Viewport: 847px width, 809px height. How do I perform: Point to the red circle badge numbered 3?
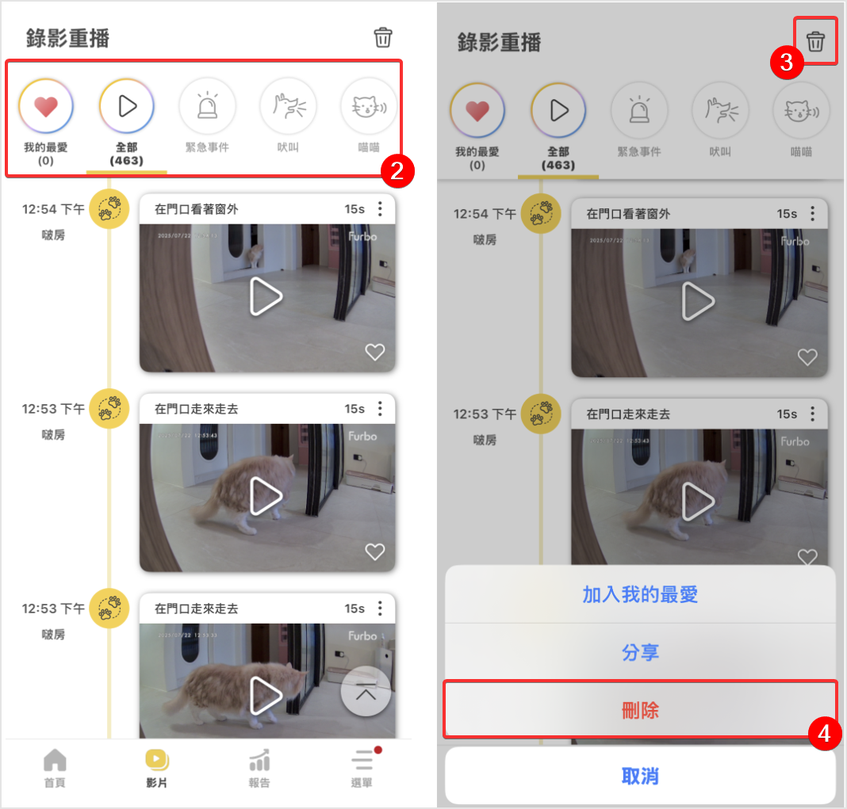[x=787, y=63]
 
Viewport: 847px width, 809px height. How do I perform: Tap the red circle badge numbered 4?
[x=825, y=734]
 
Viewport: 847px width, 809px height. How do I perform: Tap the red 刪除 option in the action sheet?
[x=640, y=710]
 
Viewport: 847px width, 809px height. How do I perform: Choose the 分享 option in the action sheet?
[x=640, y=652]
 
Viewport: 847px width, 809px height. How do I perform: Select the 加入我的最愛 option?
[x=640, y=594]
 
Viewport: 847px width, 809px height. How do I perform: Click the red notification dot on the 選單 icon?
[x=378, y=750]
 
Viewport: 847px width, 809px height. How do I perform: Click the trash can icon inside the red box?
[x=815, y=41]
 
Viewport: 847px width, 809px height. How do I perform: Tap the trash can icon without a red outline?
[x=383, y=37]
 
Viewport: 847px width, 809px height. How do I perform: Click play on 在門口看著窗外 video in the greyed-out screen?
[x=698, y=302]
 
